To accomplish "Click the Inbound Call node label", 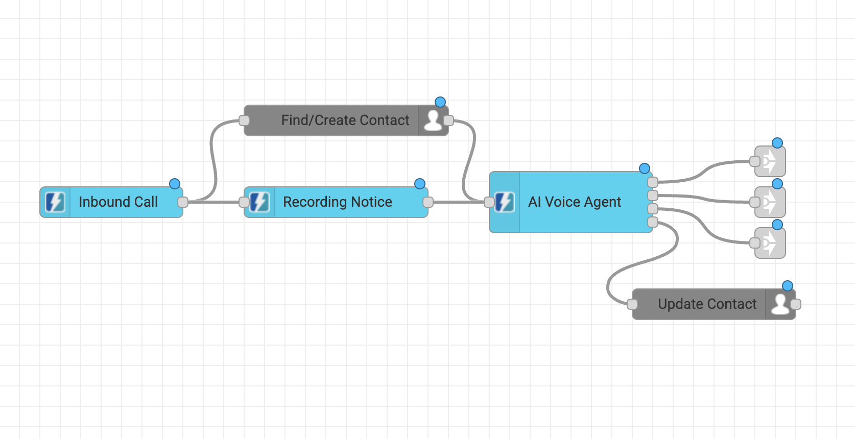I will [x=118, y=202].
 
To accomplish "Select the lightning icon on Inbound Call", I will [x=55, y=202].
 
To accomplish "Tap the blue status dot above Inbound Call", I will [x=175, y=184].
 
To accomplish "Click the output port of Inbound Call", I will [x=183, y=202].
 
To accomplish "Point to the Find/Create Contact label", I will [x=345, y=120].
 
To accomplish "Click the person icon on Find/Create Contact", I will [x=433, y=120].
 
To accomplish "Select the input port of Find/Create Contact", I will [x=244, y=120].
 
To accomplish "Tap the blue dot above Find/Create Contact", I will [x=440, y=102].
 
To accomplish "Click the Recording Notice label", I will [x=337, y=202].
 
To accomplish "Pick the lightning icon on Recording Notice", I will [x=259, y=202].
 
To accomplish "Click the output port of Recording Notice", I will [x=428, y=202].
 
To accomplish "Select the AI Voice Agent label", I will [x=575, y=202].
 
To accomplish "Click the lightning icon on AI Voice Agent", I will [x=505, y=202].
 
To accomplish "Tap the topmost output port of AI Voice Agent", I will [x=652, y=182].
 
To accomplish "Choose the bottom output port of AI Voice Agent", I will [x=652, y=222].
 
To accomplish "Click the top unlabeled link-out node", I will [x=770, y=161].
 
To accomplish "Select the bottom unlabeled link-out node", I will [x=770, y=243].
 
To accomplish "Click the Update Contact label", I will [x=707, y=304].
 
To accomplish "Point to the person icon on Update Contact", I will [x=780, y=304].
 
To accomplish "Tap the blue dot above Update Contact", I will [x=788, y=286].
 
